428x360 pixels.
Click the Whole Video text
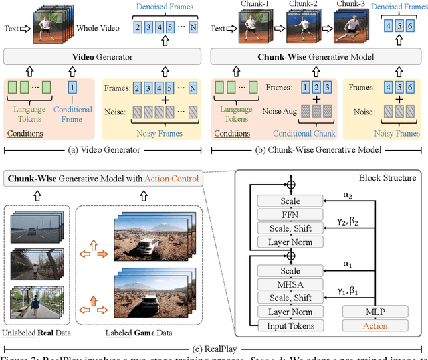[97, 29]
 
